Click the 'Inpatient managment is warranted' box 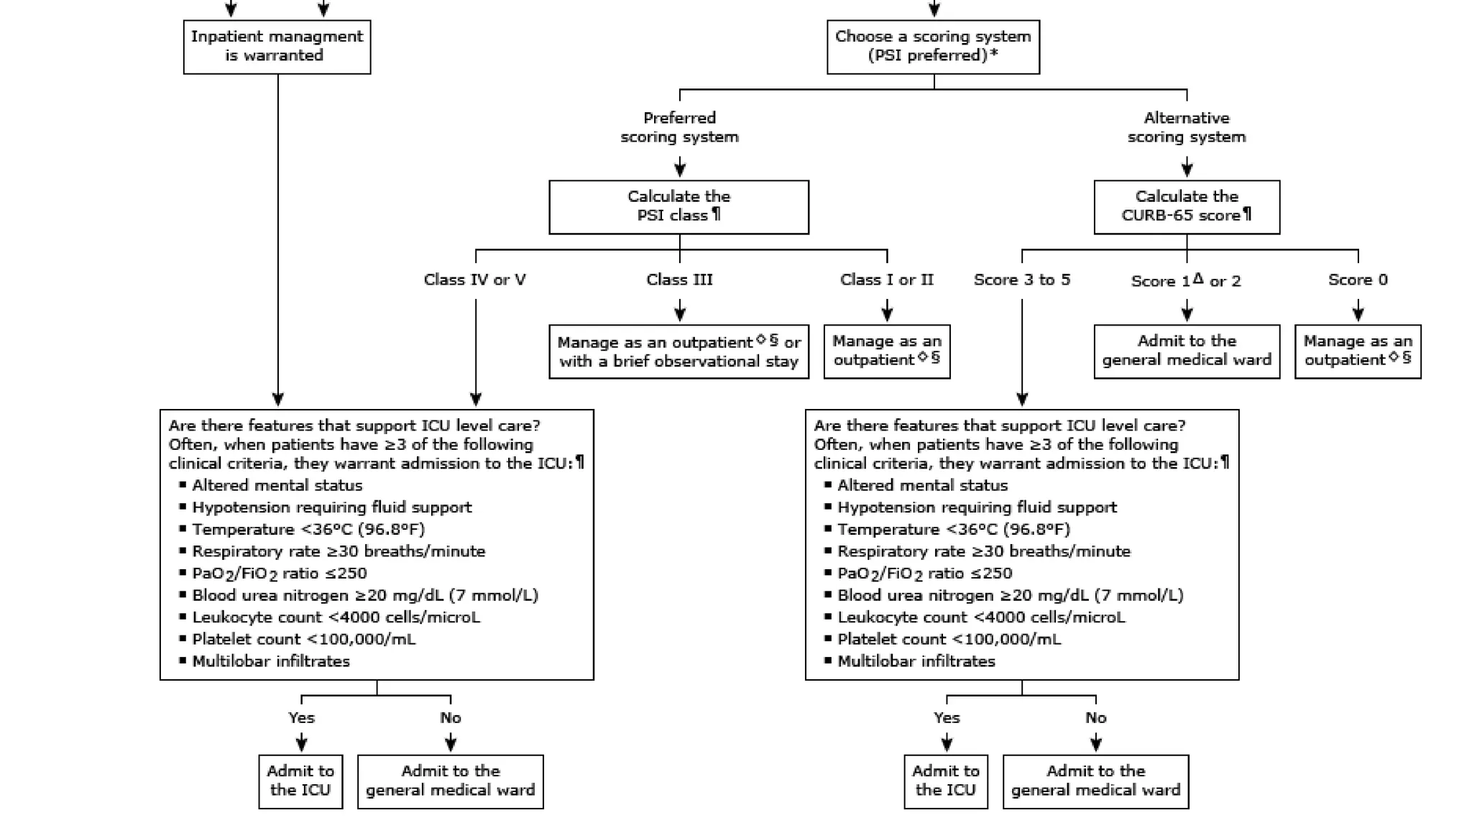(x=277, y=47)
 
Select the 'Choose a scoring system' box (x=933, y=47)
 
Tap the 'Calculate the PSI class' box (x=678, y=206)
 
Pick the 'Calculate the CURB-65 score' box (x=1187, y=206)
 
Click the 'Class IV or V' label (x=474, y=280)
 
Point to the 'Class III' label (x=679, y=280)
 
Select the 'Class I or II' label (x=886, y=280)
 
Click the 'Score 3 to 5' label (x=1021, y=280)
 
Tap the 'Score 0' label (x=1358, y=280)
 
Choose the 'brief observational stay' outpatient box (x=678, y=351)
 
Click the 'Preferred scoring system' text (x=679, y=127)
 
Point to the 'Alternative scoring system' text (x=1187, y=127)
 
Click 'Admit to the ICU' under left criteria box (x=300, y=781)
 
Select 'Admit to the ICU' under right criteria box (x=946, y=781)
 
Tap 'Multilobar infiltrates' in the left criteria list (x=270, y=661)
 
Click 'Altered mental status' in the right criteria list (x=922, y=486)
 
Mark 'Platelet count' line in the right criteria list (x=949, y=639)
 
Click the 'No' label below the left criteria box (x=451, y=717)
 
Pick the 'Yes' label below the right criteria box (x=947, y=717)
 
